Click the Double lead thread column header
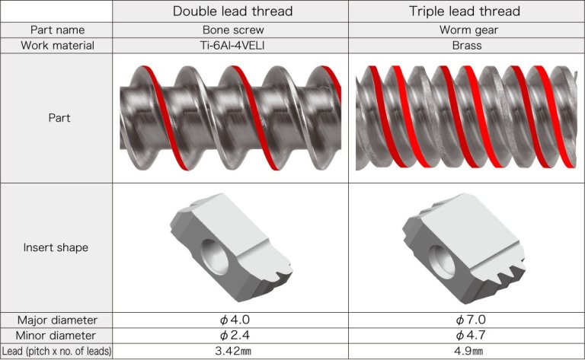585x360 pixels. pos(232,11)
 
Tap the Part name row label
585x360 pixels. pos(57,30)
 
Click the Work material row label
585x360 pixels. pos(57,46)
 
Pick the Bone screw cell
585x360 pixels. pos(232,30)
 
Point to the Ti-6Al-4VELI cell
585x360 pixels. pos(232,46)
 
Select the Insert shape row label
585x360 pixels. pos(57,247)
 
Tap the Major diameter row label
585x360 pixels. pos(57,320)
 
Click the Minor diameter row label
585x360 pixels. pos(57,336)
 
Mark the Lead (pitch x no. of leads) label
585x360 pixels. pos(57,352)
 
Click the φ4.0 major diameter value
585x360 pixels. pos(232,320)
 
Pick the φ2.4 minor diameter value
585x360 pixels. pos(232,336)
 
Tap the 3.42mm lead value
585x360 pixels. pos(232,352)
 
